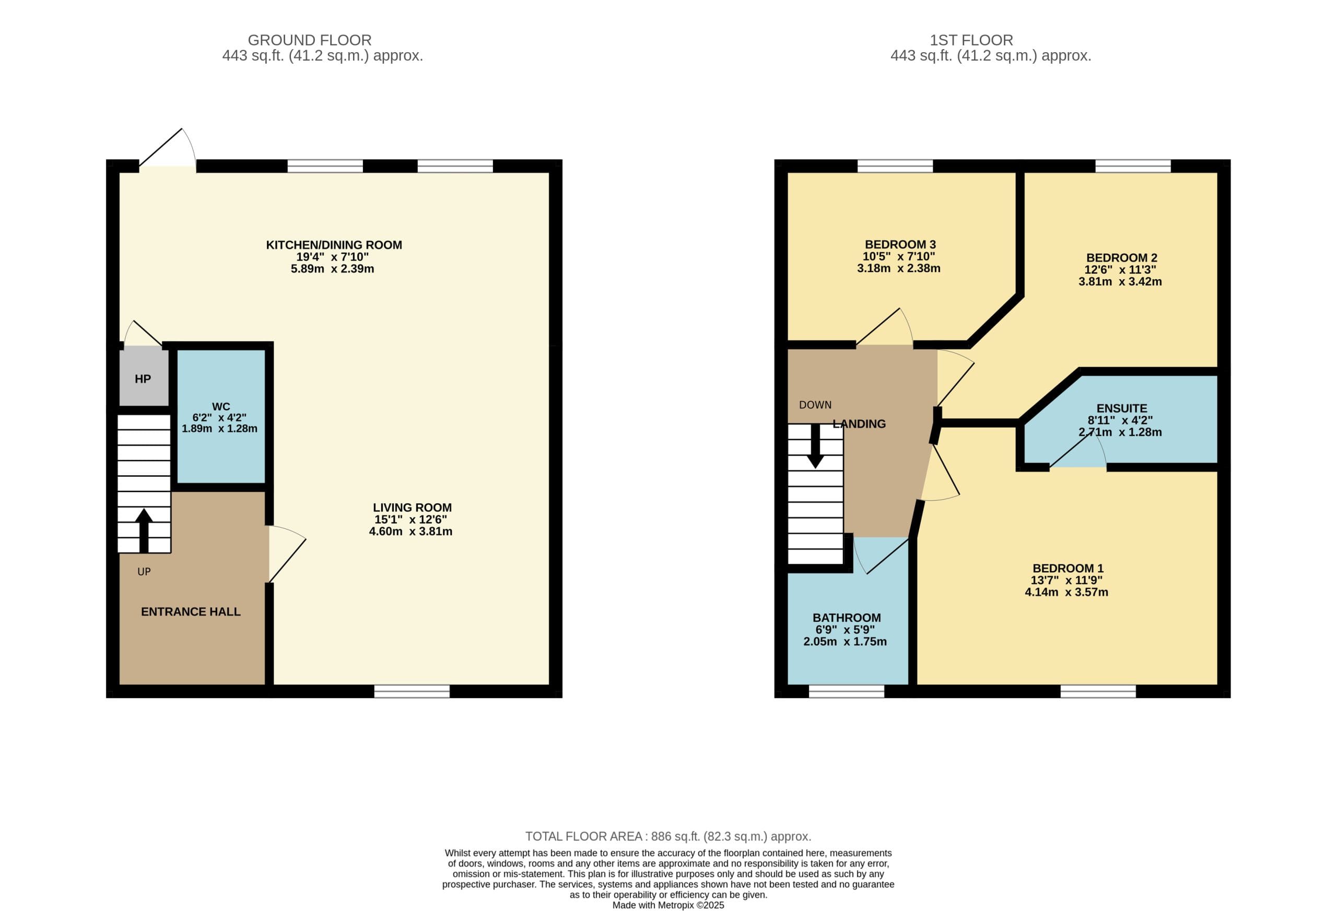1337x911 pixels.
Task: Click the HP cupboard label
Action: point(143,379)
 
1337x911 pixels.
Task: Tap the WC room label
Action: point(221,407)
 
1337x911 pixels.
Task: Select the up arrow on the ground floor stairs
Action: point(144,530)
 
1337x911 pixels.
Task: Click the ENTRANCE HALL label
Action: point(191,612)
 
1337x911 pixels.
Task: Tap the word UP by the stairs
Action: point(144,572)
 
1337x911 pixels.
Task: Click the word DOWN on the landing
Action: point(815,405)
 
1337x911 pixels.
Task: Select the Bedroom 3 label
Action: point(900,244)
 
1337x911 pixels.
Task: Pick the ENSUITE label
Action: point(1121,408)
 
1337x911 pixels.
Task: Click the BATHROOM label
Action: point(846,618)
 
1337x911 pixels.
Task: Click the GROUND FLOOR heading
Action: point(310,40)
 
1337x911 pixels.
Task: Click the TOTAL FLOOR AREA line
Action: point(668,836)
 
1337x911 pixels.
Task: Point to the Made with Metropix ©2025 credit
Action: point(668,905)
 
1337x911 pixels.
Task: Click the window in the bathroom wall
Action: point(846,691)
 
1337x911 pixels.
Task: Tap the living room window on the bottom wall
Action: point(412,691)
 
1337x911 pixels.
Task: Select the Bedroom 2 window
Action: point(1133,166)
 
